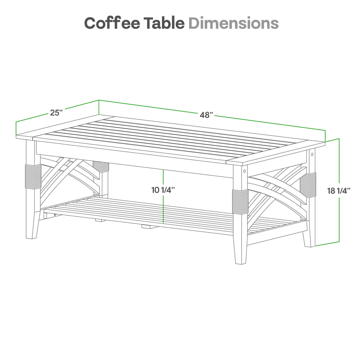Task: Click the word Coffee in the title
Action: pyautogui.click(x=113, y=23)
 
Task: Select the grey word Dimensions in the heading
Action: pyautogui.click(x=234, y=23)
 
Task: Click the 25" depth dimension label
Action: pyautogui.click(x=56, y=113)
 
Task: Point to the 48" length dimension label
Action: pyautogui.click(x=207, y=115)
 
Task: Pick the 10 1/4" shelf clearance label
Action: pyautogui.click(x=163, y=190)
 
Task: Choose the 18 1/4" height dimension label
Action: pyautogui.click(x=339, y=191)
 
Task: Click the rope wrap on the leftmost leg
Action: pyautogui.click(x=33, y=176)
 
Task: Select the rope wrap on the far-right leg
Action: pyautogui.click(x=308, y=185)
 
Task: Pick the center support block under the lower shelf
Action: pyautogui.click(x=150, y=227)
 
